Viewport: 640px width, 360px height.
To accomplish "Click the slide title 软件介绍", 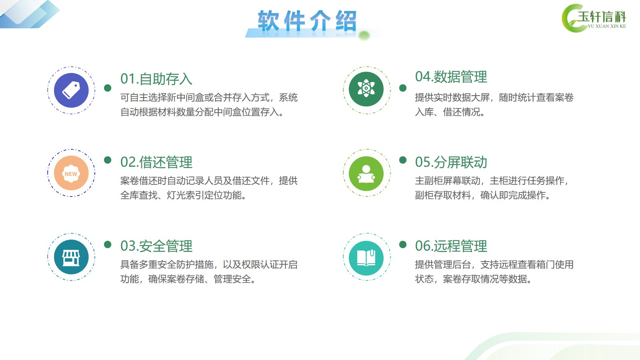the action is point(307,20).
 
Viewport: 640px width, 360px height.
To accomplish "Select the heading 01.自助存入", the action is point(156,79).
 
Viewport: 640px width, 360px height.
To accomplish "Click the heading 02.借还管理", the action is point(156,162).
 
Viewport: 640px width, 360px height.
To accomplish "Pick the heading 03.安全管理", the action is point(156,246).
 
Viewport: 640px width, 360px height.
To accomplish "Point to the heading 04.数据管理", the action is point(451,77).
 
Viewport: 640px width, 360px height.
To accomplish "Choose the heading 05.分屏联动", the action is point(451,162).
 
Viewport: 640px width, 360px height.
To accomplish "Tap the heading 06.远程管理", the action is point(451,246).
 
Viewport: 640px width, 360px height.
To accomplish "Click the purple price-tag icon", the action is point(71,90).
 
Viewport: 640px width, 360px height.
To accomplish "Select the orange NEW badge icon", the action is point(71,173).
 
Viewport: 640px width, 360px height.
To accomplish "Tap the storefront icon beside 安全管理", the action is point(71,257).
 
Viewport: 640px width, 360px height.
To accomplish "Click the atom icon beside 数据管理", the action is point(366,89).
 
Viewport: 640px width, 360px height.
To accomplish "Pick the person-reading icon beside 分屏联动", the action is point(366,174).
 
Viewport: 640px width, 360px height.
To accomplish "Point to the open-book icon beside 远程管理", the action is point(366,258).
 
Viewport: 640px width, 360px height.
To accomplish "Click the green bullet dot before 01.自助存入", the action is point(108,88).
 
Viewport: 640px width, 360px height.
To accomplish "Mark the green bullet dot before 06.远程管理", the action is point(403,244).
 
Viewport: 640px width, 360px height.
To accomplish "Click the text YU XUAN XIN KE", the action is point(607,26).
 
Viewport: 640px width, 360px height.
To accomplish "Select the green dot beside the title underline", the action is point(364,36).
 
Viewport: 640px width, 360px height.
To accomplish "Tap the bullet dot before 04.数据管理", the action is point(403,88).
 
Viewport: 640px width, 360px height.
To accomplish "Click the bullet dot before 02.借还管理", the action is point(108,160).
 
